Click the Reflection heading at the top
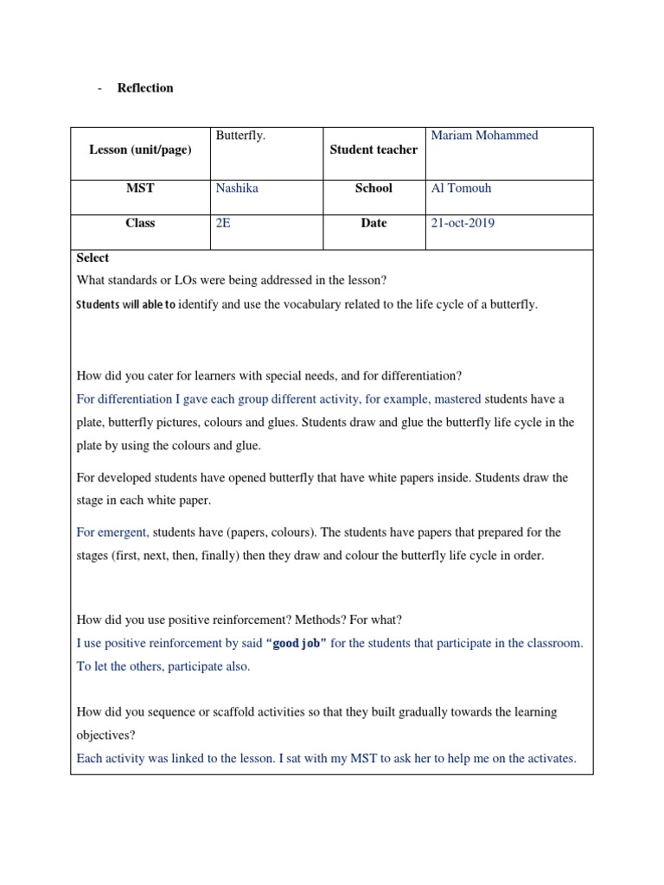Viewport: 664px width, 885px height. point(145,88)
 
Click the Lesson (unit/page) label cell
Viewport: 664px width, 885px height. point(140,150)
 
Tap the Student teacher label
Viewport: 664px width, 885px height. point(373,150)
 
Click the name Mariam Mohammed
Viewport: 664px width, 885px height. point(484,136)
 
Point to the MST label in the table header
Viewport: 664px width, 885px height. point(140,188)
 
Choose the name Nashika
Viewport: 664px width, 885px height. point(237,188)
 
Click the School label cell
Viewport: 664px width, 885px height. point(373,188)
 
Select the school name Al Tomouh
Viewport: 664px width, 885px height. point(463,188)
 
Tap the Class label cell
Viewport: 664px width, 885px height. point(140,223)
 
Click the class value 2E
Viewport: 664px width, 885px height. point(223,223)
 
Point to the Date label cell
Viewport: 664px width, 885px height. point(373,223)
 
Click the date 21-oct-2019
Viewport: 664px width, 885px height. point(463,223)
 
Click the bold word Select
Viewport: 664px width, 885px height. point(93,258)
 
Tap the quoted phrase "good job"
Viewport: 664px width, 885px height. point(297,644)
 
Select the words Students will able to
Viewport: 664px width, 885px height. point(125,305)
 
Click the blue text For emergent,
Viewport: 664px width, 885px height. point(113,532)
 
